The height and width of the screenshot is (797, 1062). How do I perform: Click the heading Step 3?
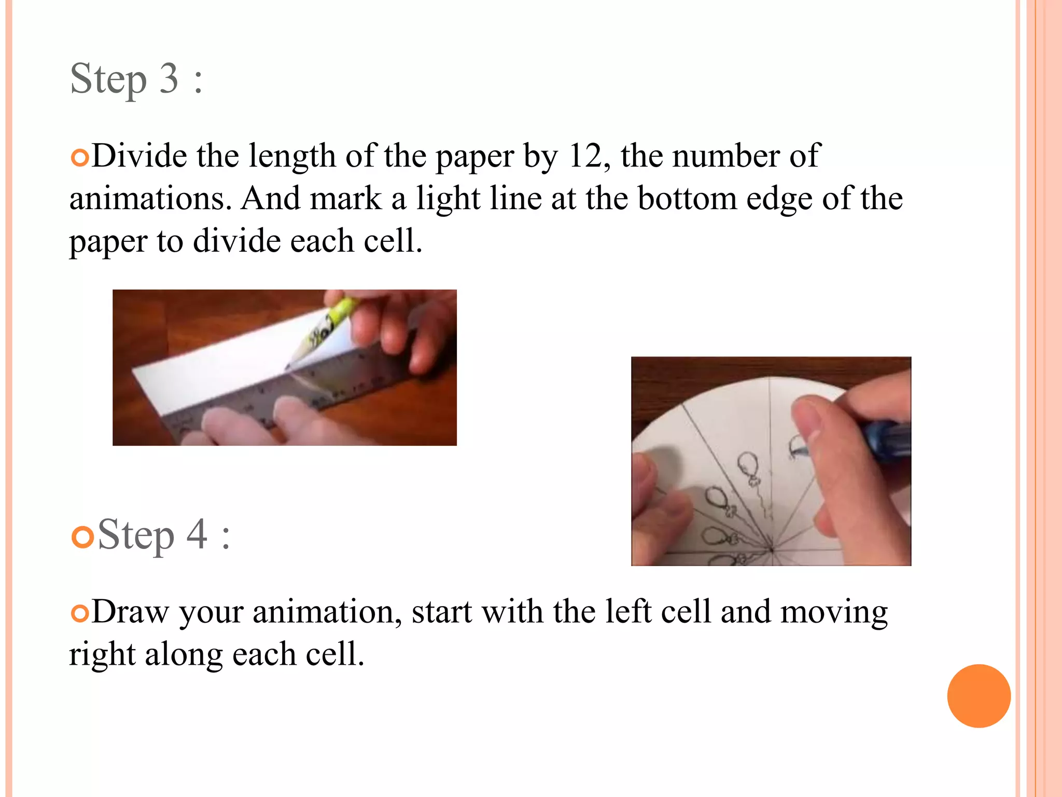136,79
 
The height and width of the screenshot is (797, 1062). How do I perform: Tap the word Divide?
139,156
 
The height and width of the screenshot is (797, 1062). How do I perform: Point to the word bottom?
687,199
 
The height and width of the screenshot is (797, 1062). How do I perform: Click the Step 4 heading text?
163,534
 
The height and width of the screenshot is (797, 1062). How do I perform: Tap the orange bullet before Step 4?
82,537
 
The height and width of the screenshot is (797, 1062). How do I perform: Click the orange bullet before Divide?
80,158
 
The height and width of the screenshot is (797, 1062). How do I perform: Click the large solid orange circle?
979,696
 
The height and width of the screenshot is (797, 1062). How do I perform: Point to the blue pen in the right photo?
889,438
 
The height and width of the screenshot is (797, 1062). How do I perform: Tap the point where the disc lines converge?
772,549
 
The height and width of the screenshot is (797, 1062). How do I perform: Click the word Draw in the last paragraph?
130,612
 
